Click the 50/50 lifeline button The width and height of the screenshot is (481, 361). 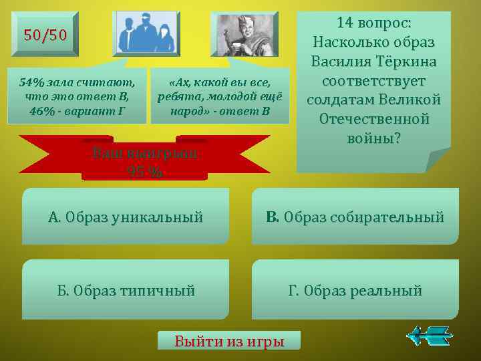(45, 35)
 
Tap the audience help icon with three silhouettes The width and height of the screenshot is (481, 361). (147, 34)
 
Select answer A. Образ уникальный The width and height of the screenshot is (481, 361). (126, 217)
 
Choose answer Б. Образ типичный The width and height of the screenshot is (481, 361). (126, 290)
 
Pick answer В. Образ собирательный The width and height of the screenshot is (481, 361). (355, 217)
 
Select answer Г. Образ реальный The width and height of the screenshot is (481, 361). (355, 290)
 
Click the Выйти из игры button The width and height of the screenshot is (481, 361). (229, 340)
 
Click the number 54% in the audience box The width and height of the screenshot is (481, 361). (31, 83)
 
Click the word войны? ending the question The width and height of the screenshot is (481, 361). (373, 139)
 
